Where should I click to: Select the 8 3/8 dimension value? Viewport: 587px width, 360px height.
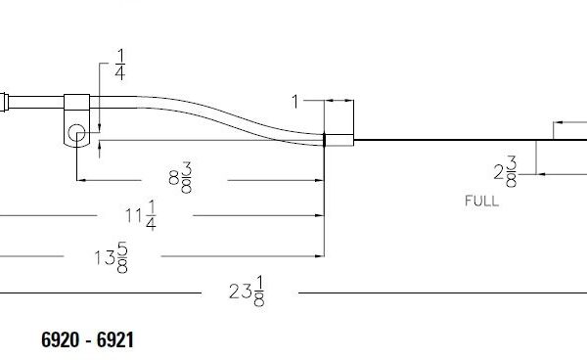(180, 179)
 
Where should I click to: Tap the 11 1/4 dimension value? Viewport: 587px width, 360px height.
(139, 215)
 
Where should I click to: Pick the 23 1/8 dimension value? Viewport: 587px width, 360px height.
(247, 292)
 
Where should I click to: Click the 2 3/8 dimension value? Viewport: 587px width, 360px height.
(505, 172)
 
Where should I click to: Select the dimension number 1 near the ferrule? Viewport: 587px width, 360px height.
(295, 101)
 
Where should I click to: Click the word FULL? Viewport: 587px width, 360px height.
(481, 202)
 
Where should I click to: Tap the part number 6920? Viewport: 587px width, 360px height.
(63, 339)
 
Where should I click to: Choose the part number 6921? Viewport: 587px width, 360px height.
(113, 339)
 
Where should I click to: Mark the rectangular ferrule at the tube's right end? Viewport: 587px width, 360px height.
(339, 139)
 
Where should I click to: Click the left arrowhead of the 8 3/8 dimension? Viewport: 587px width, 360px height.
(81, 180)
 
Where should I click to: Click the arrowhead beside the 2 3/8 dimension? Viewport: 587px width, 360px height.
(540, 173)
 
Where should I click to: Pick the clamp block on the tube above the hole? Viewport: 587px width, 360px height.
(77, 101)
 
